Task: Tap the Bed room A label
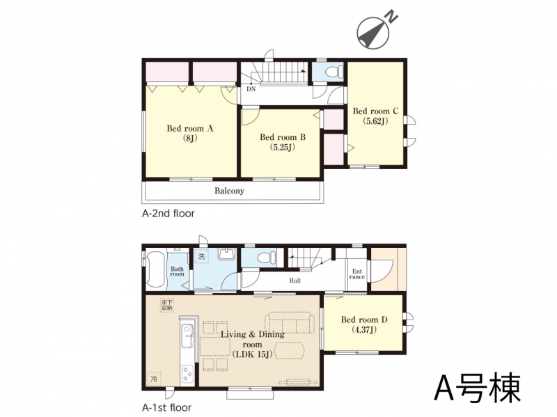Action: tap(190, 133)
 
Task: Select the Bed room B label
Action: tap(283, 142)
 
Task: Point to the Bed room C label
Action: tap(375, 116)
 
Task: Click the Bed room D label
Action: tap(364, 324)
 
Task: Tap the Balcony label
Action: tap(229, 191)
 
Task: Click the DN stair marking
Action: tap(251, 89)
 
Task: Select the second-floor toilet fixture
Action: tap(334, 72)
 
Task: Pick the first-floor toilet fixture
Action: tap(267, 257)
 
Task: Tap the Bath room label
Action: tap(178, 272)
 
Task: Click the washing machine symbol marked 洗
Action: tap(201, 256)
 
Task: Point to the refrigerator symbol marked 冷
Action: tap(154, 379)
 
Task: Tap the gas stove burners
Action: tap(187, 374)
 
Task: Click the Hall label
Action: tap(295, 281)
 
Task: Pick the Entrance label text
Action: tap(357, 274)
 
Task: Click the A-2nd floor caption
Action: tap(168, 214)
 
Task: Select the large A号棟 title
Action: tap(478, 388)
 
